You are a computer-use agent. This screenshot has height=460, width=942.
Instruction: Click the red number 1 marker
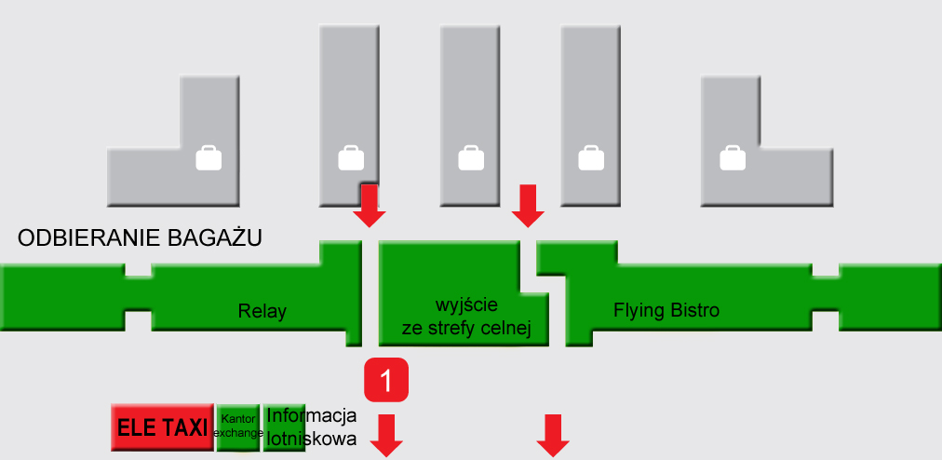click(388, 380)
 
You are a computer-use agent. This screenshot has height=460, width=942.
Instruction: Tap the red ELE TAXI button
click(162, 427)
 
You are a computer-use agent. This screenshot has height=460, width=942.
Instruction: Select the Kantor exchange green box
click(237, 426)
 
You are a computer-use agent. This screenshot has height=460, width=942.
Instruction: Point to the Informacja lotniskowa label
click(311, 426)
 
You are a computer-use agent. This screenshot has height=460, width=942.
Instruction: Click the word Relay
click(262, 312)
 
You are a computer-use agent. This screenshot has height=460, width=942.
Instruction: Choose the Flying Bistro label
click(666, 310)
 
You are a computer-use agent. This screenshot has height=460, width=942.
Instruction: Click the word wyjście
click(466, 305)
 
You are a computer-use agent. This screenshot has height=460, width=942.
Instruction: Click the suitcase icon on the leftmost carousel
click(209, 157)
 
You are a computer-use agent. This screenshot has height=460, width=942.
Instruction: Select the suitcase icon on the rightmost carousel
click(733, 157)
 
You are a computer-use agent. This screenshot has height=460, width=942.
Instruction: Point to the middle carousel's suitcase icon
click(470, 157)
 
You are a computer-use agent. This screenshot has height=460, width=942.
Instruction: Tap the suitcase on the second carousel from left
click(351, 157)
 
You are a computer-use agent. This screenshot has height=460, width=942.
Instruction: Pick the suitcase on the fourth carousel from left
click(591, 157)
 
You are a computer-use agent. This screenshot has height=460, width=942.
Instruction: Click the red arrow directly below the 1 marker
click(386, 436)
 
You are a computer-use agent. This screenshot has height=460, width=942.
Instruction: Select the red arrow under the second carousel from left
click(370, 206)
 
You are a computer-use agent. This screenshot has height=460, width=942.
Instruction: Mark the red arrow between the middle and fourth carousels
click(529, 206)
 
